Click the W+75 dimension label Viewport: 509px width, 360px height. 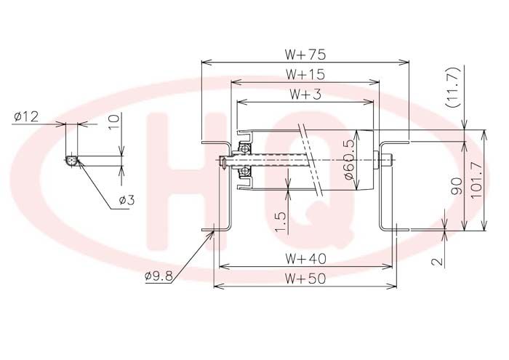tap(305, 55)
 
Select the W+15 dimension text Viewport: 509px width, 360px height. tap(305, 74)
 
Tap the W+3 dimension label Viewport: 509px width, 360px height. tap(305, 94)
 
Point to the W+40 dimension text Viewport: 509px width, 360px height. tap(305, 259)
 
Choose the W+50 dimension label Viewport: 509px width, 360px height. tap(305, 279)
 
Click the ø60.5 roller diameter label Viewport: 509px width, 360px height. tap(349, 159)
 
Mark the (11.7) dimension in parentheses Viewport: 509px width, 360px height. tap(454, 87)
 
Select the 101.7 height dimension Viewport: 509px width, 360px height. tap(478, 180)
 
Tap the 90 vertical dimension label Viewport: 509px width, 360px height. tap(457, 186)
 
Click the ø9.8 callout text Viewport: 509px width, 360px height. tap(159, 276)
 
